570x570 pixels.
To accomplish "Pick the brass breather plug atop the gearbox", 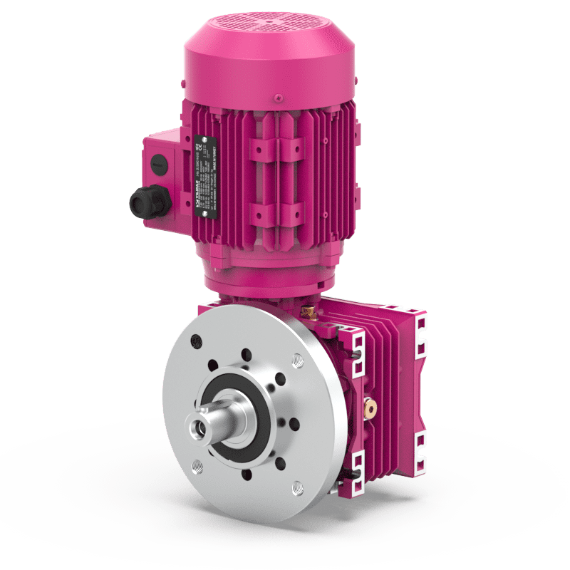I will point(311,311).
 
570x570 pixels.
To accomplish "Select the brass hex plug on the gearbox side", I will point(370,408).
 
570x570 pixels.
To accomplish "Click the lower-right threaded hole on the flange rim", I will point(294,489).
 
